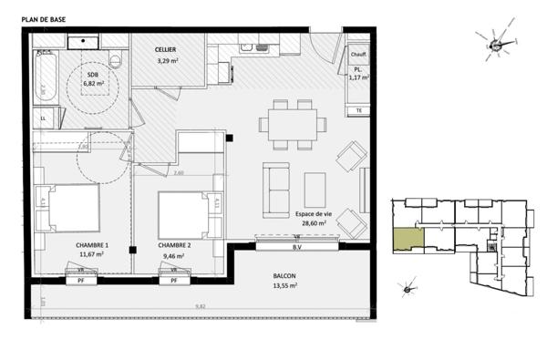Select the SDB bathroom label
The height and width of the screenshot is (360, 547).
(94, 73)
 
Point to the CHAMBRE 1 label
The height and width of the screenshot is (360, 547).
(93, 245)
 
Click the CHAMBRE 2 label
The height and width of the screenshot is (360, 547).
(174, 245)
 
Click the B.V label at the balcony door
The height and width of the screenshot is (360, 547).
(296, 247)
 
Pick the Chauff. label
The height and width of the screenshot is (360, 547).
(358, 54)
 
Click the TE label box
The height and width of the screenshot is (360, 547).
(358, 109)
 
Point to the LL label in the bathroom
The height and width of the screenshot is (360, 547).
(43, 118)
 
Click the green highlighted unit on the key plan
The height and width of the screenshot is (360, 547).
(408, 237)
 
